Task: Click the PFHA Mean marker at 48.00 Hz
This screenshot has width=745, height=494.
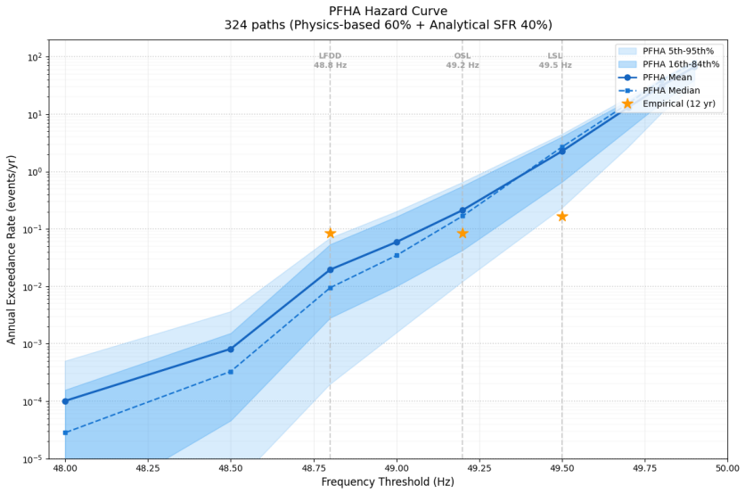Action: click(x=66, y=401)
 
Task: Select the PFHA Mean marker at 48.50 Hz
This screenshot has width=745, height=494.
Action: click(x=231, y=349)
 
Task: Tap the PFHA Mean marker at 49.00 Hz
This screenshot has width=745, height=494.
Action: click(x=397, y=243)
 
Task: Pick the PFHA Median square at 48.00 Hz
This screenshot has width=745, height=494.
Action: click(x=66, y=432)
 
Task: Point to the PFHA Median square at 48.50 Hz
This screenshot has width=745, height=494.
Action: click(x=231, y=372)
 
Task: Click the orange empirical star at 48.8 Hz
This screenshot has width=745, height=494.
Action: click(x=331, y=233)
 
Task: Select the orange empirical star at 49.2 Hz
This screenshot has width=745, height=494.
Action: click(x=463, y=233)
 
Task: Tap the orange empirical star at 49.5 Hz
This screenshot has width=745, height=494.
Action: click(x=562, y=217)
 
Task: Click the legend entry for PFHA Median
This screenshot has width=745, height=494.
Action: click(x=659, y=90)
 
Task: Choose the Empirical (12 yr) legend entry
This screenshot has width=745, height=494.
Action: click(x=667, y=103)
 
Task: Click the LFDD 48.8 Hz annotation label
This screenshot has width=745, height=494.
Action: click(x=331, y=61)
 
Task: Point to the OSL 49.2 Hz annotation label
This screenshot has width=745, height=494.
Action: click(x=463, y=61)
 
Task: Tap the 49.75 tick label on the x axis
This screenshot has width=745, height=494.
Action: click(x=645, y=468)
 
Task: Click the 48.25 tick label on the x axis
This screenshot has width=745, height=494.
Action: click(x=148, y=468)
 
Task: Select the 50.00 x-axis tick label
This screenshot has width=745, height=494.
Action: click(x=727, y=468)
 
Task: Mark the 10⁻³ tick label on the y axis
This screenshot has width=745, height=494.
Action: click(x=34, y=343)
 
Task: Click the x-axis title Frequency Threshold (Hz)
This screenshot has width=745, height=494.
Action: click(x=388, y=482)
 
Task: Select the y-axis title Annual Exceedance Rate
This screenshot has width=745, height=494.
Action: click(x=11, y=250)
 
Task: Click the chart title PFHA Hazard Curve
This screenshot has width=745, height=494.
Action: click(x=389, y=11)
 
